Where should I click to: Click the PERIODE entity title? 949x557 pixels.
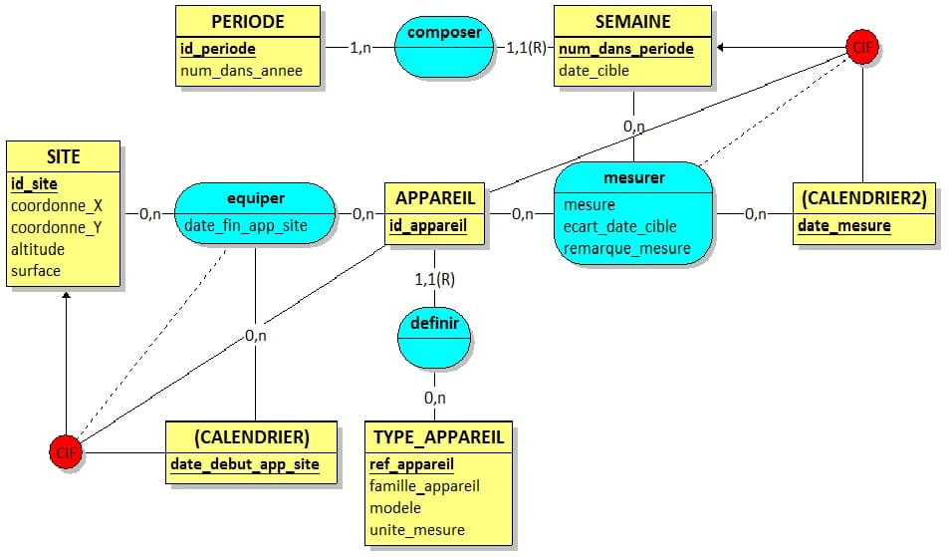(x=248, y=21)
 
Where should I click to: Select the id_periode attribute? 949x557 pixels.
(x=218, y=48)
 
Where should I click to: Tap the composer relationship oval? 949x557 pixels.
(x=444, y=33)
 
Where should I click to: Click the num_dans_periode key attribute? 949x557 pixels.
(x=625, y=48)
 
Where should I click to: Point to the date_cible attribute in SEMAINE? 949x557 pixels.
(x=593, y=71)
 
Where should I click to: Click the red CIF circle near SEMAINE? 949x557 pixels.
(x=861, y=46)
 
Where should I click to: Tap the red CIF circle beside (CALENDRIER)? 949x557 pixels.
(x=66, y=453)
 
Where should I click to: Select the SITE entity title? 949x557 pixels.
(x=63, y=156)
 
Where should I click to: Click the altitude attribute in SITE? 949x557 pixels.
(x=38, y=249)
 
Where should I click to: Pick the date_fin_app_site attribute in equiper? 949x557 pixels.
(x=246, y=225)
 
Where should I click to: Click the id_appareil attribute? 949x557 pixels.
(x=428, y=225)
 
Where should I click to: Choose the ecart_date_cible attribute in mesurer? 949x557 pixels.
(x=619, y=227)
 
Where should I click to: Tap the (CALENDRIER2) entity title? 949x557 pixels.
(x=863, y=198)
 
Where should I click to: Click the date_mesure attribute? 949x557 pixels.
(x=843, y=226)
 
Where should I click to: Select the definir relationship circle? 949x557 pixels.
(x=434, y=325)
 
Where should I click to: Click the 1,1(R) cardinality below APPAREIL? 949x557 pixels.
(x=434, y=279)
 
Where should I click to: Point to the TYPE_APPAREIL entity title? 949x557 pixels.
(x=439, y=436)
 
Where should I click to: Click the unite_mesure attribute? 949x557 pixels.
(x=416, y=530)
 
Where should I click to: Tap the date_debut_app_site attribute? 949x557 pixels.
(x=245, y=464)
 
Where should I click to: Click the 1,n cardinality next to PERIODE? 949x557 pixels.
(x=361, y=46)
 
